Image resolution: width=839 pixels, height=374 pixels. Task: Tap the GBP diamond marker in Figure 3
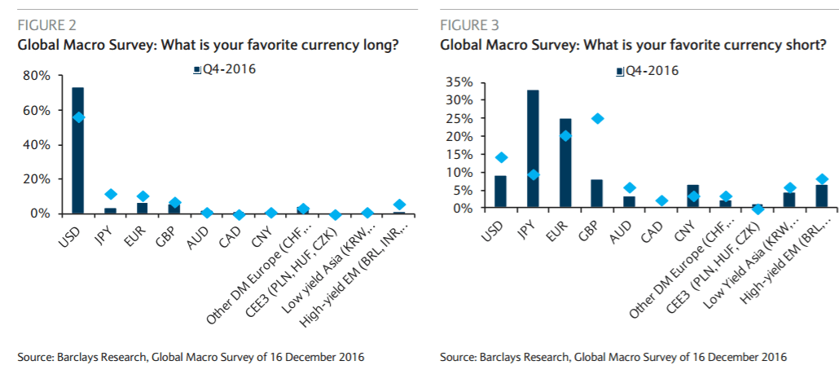598,118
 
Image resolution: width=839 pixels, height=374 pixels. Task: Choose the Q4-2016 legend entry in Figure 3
647,70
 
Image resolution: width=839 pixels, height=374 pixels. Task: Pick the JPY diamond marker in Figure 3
534,174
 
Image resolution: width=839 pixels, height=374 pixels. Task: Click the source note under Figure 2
191,357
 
